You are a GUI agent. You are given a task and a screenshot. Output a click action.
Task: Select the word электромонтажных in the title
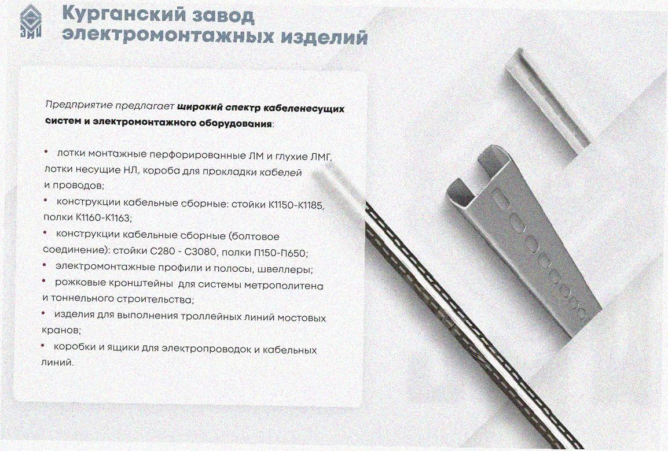[x=168, y=36]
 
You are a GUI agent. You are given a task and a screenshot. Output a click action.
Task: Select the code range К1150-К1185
[x=296, y=205]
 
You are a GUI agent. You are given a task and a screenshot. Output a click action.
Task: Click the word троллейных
[x=207, y=317]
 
